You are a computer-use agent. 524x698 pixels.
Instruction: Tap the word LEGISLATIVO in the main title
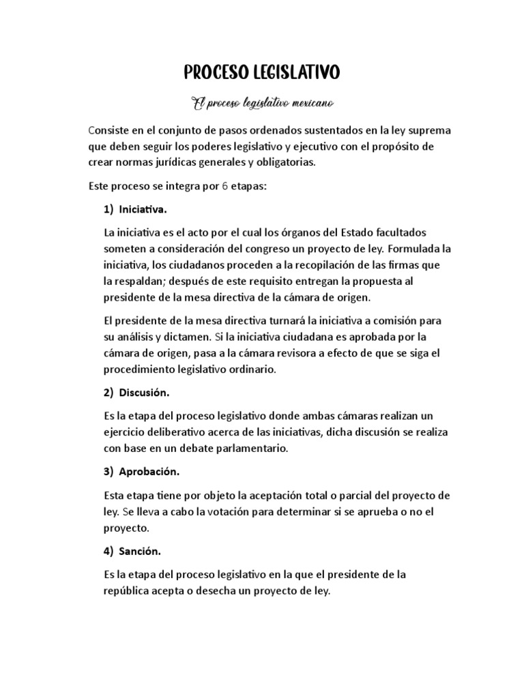coord(297,72)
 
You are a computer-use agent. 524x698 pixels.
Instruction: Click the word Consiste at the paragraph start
coord(111,130)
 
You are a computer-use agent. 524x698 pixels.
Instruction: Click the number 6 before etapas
coord(225,186)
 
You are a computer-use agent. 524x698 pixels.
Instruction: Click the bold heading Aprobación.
coord(149,471)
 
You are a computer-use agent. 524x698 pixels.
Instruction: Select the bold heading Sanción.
coord(140,551)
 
